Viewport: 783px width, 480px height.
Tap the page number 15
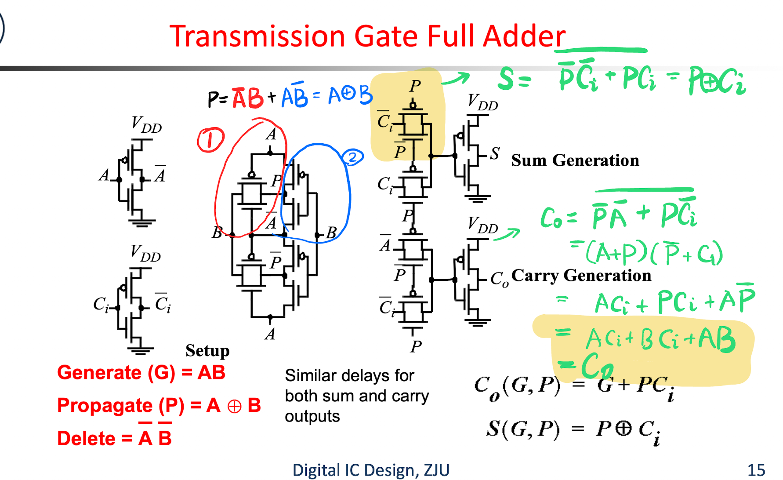coord(756,470)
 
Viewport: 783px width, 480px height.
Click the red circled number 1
coord(211,140)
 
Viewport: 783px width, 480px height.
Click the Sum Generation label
coord(575,160)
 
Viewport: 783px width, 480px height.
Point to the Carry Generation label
coord(581,276)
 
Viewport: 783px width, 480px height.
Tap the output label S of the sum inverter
coord(495,153)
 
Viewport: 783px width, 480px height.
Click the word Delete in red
coord(86,438)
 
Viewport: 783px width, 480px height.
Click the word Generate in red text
coord(99,373)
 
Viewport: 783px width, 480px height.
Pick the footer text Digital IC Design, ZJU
coord(371,470)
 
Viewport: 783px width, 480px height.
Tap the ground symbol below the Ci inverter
coord(140,350)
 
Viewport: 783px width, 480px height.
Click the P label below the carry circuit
coord(416,346)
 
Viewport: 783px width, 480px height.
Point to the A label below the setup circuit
coord(270,335)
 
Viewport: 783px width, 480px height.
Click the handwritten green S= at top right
coord(514,79)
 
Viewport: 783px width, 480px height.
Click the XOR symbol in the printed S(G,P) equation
coord(623,428)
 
